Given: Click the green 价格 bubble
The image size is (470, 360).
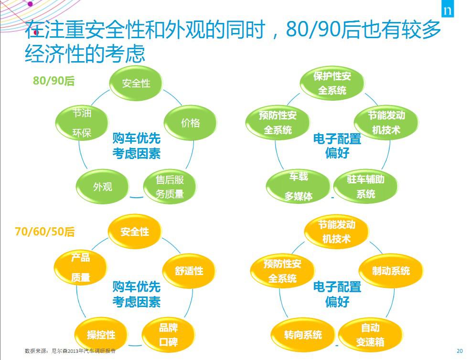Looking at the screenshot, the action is pyautogui.click(x=190, y=123).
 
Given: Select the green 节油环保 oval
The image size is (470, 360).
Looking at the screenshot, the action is pyautogui.click(x=82, y=123).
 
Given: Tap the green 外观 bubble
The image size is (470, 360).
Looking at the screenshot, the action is pyautogui.click(x=102, y=187).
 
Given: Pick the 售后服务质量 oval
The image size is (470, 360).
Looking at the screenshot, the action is pyautogui.click(x=170, y=187).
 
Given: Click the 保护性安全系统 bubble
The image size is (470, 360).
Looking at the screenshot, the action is pyautogui.click(x=332, y=84).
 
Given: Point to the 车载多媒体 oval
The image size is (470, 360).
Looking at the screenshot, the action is pyautogui.click(x=298, y=186).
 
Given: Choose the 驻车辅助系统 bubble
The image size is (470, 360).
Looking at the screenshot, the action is pyautogui.click(x=366, y=186).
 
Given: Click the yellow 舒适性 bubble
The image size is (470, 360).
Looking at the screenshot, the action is pyautogui.click(x=189, y=271).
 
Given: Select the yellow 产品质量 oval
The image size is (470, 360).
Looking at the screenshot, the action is pyautogui.click(x=81, y=267).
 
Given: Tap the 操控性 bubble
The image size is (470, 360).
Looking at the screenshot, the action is pyautogui.click(x=101, y=335).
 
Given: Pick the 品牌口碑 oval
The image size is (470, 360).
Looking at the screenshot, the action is pyautogui.click(x=169, y=335).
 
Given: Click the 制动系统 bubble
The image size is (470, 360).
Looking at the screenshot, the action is pyautogui.click(x=391, y=271).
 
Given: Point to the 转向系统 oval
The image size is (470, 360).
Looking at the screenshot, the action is pyautogui.click(x=303, y=335).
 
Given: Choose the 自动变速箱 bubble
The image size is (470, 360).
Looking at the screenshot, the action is pyautogui.click(x=371, y=335).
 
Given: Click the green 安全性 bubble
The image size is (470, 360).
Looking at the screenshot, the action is pyautogui.click(x=136, y=84).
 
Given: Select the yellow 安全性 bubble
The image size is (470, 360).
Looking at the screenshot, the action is pyautogui.click(x=135, y=232).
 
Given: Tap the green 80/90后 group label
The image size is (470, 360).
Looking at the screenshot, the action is pyautogui.click(x=53, y=81).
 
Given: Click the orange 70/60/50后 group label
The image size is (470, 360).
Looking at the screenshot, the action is pyautogui.click(x=45, y=232).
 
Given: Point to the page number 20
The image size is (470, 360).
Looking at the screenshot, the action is pyautogui.click(x=459, y=351).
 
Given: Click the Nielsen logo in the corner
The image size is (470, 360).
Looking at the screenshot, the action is pyautogui.click(x=448, y=10).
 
